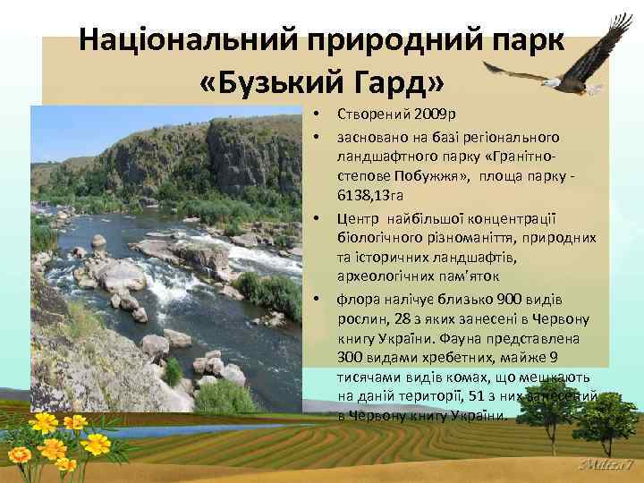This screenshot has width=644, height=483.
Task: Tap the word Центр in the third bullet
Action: (356, 217)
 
